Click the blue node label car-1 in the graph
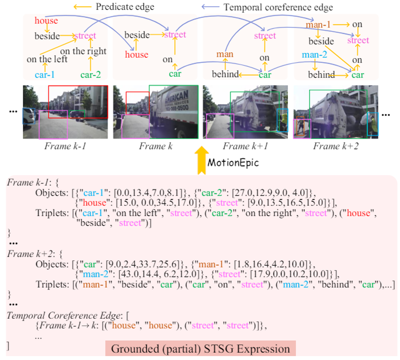(x=45, y=75)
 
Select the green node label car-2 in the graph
(x=90, y=75)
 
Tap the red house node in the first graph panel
(x=46, y=21)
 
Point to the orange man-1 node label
(x=318, y=24)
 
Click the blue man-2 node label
(x=314, y=55)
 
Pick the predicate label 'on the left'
(x=47, y=60)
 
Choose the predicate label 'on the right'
(x=83, y=51)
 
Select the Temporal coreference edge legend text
(x=278, y=7)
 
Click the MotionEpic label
(x=233, y=163)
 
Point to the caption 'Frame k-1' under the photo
(x=65, y=146)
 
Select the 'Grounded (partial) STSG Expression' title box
(x=200, y=349)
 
